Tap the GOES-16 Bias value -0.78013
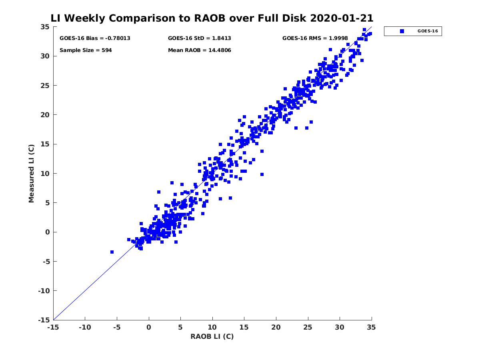coord(118,38)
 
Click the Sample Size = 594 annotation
coord(86,50)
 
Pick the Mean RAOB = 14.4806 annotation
coord(199,50)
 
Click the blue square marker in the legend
coord(402,31)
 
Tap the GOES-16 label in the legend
coord(428,31)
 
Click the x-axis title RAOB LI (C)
coord(212,336)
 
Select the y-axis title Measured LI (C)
coord(32,174)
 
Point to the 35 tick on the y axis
coord(45,27)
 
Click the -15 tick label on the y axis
coord(43,320)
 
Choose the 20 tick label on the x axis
coord(276,328)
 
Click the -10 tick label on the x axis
coord(84,328)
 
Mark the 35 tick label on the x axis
coord(371,328)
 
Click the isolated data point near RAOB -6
coord(112,252)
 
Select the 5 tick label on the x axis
coord(181,328)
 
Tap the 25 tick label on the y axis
coord(45,86)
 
